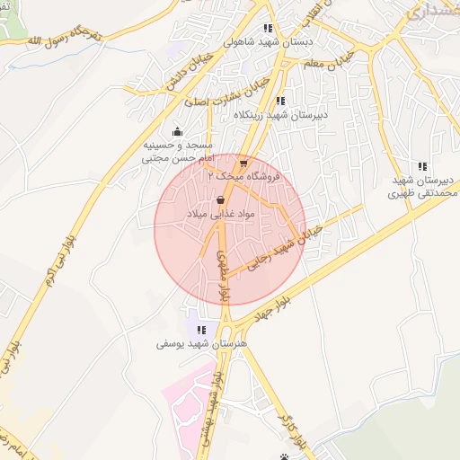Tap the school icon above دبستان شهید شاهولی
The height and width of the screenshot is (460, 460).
269,29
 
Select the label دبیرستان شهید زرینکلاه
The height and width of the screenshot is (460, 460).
281,115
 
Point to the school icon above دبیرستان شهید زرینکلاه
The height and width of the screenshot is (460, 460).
281,101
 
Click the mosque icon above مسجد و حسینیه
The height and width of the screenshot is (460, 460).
176,131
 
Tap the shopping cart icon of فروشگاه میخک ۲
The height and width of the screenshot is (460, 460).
243,164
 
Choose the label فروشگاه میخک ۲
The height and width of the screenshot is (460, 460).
244,178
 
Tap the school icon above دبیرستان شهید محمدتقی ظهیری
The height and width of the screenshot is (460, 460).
422,165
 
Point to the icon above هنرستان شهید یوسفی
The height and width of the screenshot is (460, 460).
201,329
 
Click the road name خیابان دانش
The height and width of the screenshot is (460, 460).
187,69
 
